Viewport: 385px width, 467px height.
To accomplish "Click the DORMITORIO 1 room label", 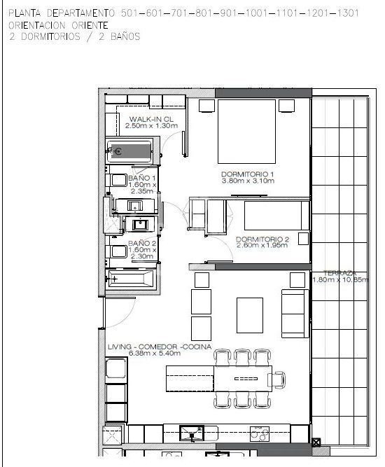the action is (x=247, y=174).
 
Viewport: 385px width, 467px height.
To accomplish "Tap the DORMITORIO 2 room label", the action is (x=262, y=239).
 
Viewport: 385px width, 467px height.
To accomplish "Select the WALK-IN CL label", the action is (x=151, y=119).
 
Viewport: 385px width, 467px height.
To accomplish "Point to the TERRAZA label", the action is (x=339, y=273).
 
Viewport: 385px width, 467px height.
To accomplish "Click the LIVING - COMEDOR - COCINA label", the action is (x=160, y=347).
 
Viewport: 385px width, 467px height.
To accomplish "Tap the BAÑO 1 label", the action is (x=141, y=178).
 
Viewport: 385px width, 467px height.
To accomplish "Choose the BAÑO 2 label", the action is (x=142, y=243).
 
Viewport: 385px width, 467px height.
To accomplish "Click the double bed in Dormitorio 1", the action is (x=246, y=132).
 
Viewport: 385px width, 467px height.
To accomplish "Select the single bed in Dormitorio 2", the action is (x=276, y=216).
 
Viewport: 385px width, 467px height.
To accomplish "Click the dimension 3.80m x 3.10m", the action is (x=248, y=181).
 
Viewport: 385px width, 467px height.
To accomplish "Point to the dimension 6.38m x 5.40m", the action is (x=155, y=354).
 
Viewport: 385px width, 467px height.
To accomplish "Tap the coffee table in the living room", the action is (x=250, y=315).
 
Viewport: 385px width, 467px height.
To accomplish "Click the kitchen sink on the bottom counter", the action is (x=192, y=433).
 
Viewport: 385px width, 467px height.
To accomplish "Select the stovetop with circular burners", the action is (x=259, y=433).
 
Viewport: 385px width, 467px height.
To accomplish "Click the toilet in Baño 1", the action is (x=116, y=180).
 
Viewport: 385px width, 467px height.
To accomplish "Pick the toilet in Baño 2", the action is (x=116, y=251).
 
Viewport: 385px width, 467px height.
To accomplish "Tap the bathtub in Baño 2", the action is (x=130, y=279).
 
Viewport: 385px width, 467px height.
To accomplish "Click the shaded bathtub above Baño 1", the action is (x=129, y=152).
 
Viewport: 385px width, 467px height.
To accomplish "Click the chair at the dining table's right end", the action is (x=276, y=380).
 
